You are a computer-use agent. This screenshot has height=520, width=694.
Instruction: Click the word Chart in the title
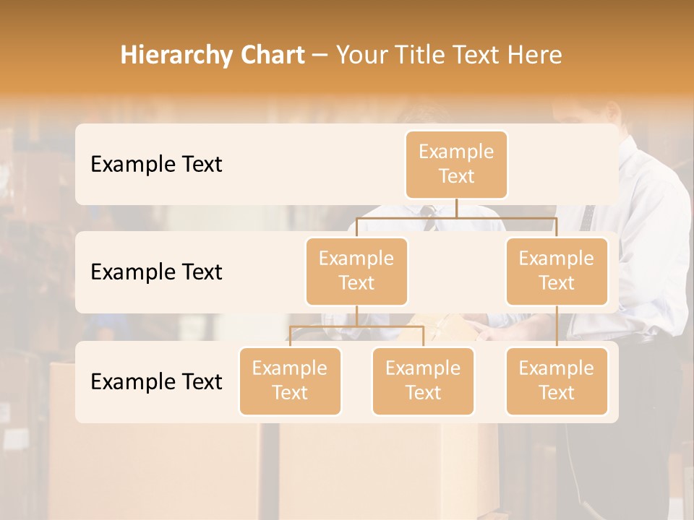[269, 56]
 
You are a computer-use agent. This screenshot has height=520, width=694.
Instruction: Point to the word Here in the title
[534, 56]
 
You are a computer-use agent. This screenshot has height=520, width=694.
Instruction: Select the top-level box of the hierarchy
[456, 164]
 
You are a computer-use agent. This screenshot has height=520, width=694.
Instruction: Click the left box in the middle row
[356, 271]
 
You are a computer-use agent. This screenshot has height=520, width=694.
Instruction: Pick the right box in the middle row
[557, 271]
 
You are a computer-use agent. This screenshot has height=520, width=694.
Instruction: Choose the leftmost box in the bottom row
[290, 381]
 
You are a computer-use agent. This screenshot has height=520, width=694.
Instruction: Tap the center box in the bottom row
[423, 381]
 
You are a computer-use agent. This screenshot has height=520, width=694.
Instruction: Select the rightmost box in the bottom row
[557, 381]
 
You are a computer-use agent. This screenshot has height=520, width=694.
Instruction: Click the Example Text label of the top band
[156, 165]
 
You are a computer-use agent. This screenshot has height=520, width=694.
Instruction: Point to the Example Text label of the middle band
[156, 272]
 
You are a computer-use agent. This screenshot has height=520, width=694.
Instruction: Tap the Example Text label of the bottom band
[156, 382]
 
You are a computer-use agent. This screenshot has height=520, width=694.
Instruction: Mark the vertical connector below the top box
[456, 208]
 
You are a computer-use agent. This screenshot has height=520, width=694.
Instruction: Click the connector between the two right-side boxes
[557, 326]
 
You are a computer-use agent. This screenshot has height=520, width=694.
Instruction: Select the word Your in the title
[359, 56]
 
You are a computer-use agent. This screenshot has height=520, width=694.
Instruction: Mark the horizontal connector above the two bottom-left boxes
[356, 326]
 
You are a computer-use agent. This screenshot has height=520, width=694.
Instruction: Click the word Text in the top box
[456, 176]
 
